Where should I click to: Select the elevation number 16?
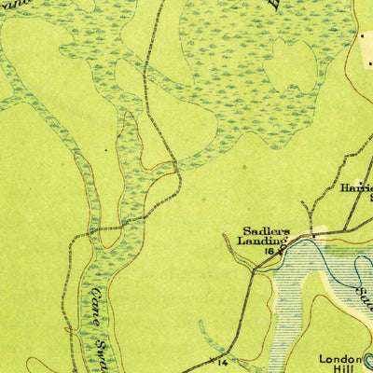269,251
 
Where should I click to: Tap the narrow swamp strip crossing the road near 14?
207,338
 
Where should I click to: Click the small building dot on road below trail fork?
314,233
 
